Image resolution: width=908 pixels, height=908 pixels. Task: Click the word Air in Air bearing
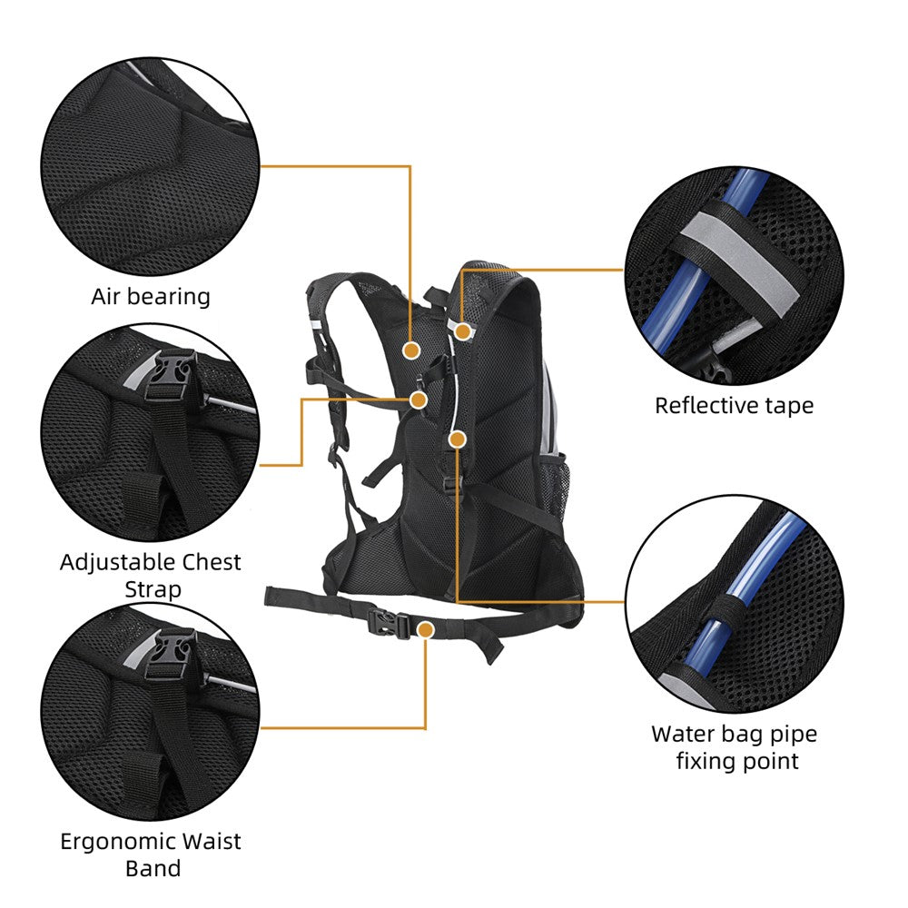pyautogui.click(x=108, y=296)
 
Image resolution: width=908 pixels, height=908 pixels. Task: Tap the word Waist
pyautogui.click(x=212, y=842)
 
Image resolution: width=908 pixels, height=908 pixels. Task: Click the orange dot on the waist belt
pyautogui.click(x=425, y=628)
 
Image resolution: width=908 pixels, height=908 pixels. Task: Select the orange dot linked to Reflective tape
pyautogui.click(x=463, y=332)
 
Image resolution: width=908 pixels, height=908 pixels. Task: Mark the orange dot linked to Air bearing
pyautogui.click(x=410, y=350)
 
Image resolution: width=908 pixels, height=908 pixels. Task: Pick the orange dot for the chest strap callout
pyautogui.click(x=419, y=400)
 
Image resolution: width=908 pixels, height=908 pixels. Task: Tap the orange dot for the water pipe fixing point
pyautogui.click(x=457, y=439)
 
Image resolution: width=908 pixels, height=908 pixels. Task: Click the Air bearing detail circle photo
pyautogui.click(x=149, y=167)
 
